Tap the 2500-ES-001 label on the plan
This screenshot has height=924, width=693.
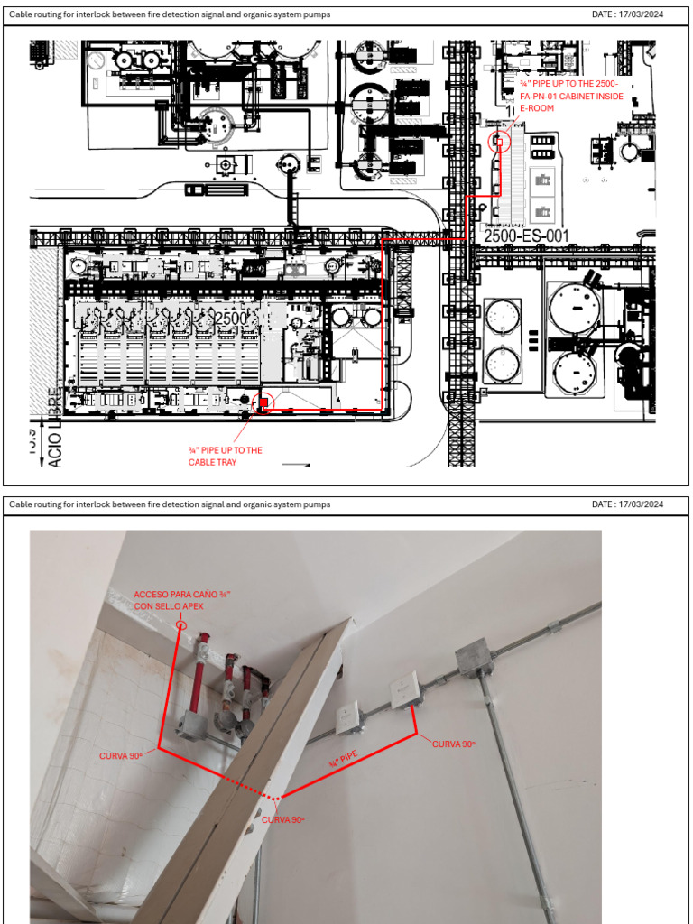527,236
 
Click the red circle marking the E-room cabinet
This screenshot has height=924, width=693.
497,142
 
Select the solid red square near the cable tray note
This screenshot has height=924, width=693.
263,402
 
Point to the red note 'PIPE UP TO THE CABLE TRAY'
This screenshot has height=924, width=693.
225,456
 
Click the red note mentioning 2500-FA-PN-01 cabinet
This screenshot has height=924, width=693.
572,96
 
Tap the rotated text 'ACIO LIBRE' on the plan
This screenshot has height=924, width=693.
55,428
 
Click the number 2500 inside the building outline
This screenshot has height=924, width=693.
231,318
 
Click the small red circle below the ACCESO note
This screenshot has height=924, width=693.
181,624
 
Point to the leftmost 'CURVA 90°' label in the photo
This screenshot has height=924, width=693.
122,755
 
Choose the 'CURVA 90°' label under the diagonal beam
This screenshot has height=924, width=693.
283,819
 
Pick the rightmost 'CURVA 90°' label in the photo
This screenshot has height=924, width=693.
454,744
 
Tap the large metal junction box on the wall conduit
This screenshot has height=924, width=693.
473,661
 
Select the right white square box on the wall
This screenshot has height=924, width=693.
402,694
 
